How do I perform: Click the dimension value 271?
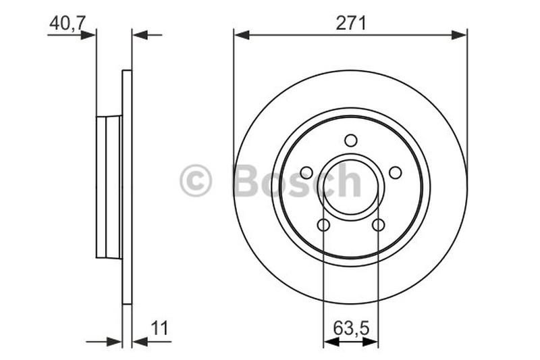(351, 23)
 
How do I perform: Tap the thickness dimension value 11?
(160, 329)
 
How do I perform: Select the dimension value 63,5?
(351, 329)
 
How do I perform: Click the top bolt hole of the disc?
(350, 140)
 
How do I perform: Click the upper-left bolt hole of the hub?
(306, 173)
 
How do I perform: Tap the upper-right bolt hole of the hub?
(396, 173)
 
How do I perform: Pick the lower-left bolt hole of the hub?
(323, 225)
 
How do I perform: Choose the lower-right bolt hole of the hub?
(379, 225)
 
